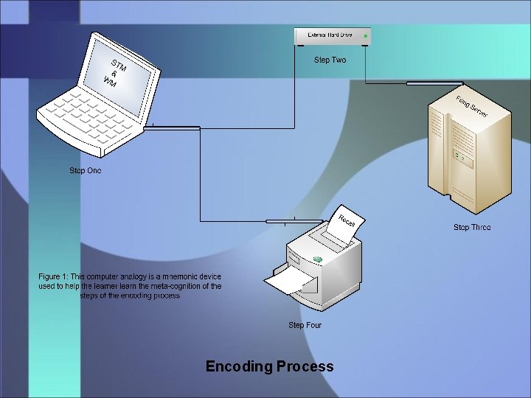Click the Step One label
coord(86,171)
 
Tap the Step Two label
coord(330,60)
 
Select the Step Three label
coord(472,228)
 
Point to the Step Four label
coord(305,325)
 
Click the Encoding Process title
coord(269,366)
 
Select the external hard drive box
coord(332,35)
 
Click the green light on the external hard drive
coord(365,35)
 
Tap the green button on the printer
coord(318,259)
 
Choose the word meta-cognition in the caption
coord(173,286)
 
